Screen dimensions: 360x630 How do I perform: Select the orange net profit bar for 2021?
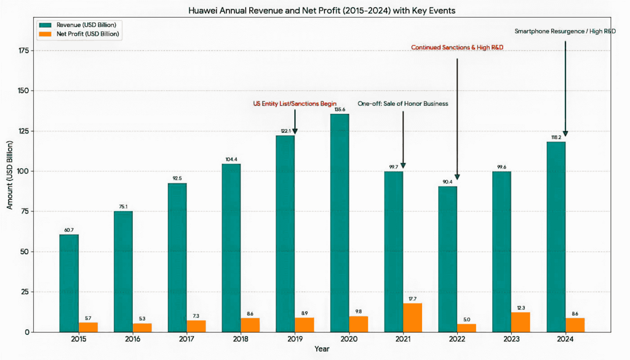412,318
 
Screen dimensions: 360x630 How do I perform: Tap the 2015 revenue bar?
69,283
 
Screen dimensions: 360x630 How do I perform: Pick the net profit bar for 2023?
520,322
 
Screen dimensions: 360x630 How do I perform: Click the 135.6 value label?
340,110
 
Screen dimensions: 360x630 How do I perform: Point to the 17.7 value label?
412,299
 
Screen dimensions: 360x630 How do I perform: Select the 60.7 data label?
69,230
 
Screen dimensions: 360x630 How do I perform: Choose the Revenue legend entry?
77,25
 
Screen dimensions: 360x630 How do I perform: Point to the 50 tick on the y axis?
25,252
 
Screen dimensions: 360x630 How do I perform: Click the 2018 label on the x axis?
241,339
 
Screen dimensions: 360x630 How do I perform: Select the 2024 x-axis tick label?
565,339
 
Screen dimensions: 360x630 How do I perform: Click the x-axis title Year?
321,349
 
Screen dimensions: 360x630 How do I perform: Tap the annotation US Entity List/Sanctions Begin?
295,103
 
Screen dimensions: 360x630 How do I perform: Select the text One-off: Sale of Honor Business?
403,103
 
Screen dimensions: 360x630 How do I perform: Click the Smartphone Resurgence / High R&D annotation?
565,31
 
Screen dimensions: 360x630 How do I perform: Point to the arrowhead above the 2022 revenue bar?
457,177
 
